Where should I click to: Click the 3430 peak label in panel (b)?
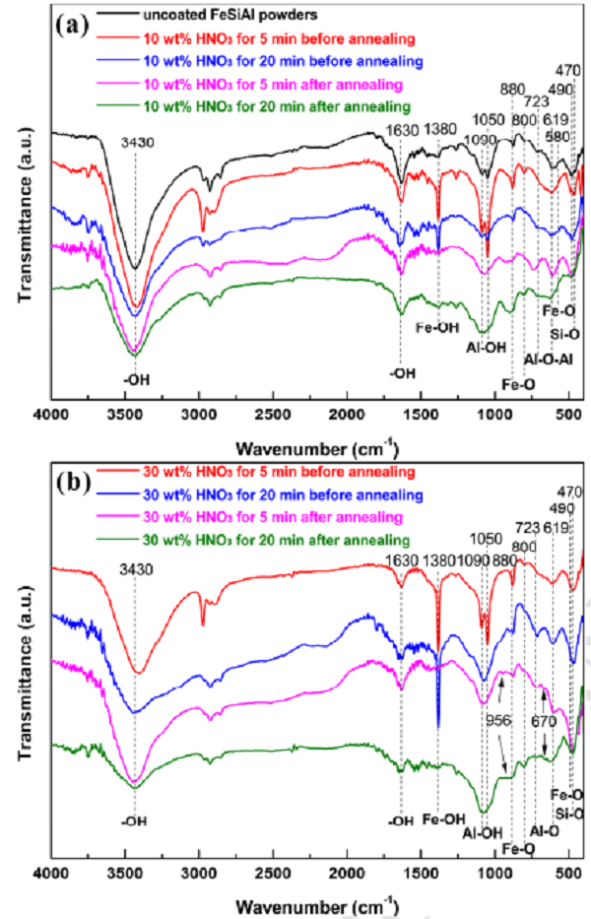pos(135,567)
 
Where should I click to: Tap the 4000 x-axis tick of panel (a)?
pos(50,416)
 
